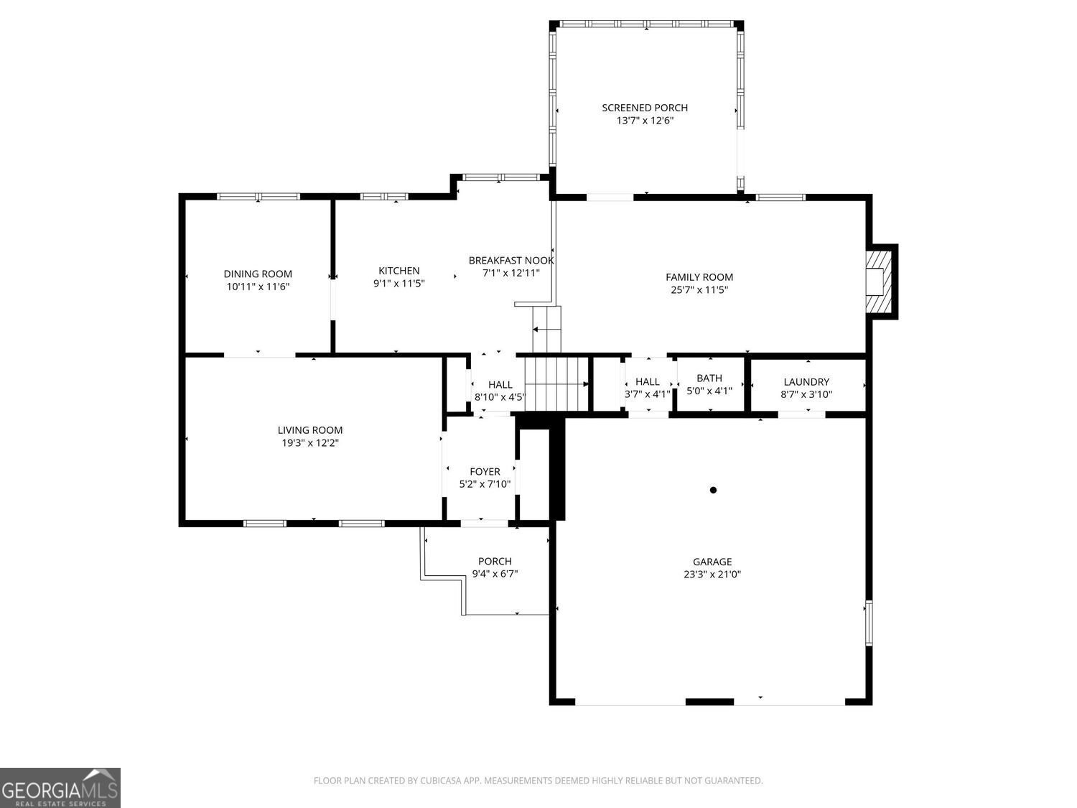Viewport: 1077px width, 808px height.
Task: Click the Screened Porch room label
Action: (x=644, y=108)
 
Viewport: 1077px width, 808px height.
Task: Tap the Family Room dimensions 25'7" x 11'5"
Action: (x=699, y=290)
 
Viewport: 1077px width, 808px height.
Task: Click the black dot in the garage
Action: (x=713, y=490)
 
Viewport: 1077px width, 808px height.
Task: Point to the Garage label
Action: (x=712, y=561)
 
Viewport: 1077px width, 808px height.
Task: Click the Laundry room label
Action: (x=806, y=381)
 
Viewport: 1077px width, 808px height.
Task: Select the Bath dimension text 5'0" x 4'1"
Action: (x=709, y=391)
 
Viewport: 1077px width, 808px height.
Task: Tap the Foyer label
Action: (x=485, y=471)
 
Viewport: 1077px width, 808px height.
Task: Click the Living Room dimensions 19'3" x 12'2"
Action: (x=309, y=443)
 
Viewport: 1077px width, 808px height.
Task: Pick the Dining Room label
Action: (x=258, y=274)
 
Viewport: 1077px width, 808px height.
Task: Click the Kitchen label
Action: (x=399, y=270)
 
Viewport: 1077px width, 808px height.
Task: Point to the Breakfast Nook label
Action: (x=510, y=261)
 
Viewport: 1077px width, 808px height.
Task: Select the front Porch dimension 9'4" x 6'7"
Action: (x=495, y=573)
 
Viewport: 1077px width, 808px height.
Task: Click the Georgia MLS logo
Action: (x=60, y=787)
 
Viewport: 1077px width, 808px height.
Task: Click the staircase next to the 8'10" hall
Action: (x=556, y=384)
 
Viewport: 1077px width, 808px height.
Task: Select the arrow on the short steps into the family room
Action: (x=542, y=329)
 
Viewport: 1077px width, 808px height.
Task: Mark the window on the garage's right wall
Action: (x=869, y=623)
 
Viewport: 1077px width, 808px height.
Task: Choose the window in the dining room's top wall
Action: (x=258, y=196)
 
